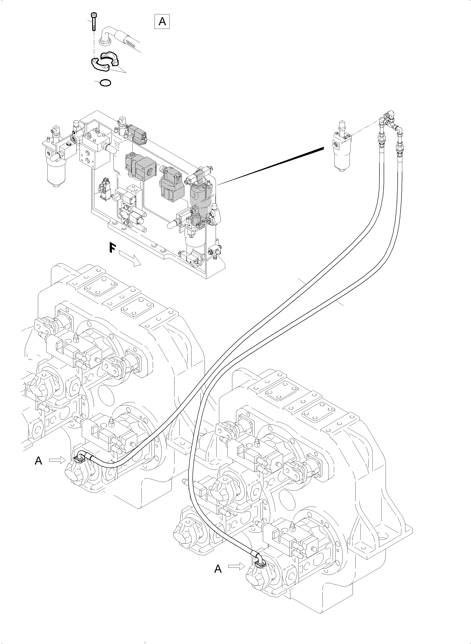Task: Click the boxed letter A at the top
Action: tap(162, 21)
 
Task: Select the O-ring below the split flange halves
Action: tap(105, 83)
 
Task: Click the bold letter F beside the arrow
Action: tap(112, 248)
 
